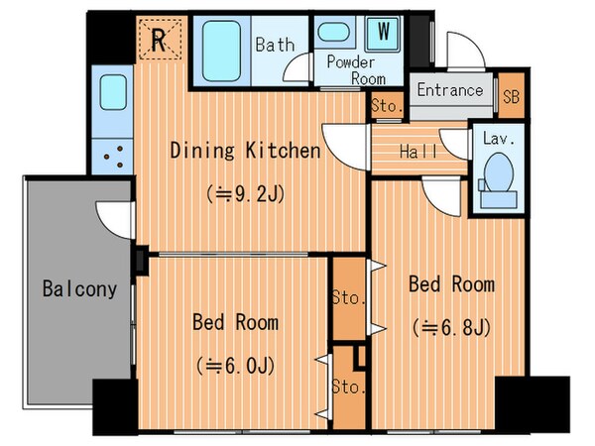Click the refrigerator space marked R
[160, 39]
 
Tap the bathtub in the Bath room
[221, 51]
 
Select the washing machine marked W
[383, 33]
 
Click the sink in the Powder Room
[333, 32]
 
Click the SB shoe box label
[511, 97]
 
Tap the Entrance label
[450, 90]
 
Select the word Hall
[418, 152]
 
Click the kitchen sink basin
[113, 92]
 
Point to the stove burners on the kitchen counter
[113, 157]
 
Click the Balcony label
[79, 289]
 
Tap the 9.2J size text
[246, 195]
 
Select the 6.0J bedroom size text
[235, 367]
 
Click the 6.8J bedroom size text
[451, 328]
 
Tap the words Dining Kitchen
[246, 151]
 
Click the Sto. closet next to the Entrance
[387, 105]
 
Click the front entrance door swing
[466, 52]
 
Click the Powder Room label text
[356, 70]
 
